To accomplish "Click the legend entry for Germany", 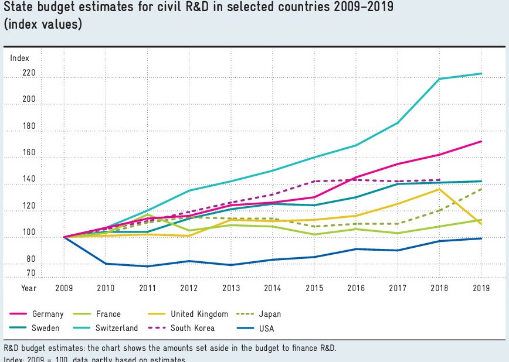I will [47, 314].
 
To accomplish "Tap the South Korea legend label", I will [192, 328].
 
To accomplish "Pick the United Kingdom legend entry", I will [199, 314].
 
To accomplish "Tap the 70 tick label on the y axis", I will [30, 273].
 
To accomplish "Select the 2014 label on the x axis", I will [272, 288].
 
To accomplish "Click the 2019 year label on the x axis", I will [481, 288].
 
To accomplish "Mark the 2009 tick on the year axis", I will [63, 288].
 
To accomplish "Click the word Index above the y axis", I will [19, 58].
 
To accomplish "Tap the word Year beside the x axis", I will [29, 288].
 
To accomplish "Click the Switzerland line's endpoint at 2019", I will [481, 73].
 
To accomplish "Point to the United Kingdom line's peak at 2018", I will [439, 189].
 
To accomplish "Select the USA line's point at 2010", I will [106, 264].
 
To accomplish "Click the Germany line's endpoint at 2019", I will [481, 141].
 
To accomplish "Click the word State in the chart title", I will [18, 9].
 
